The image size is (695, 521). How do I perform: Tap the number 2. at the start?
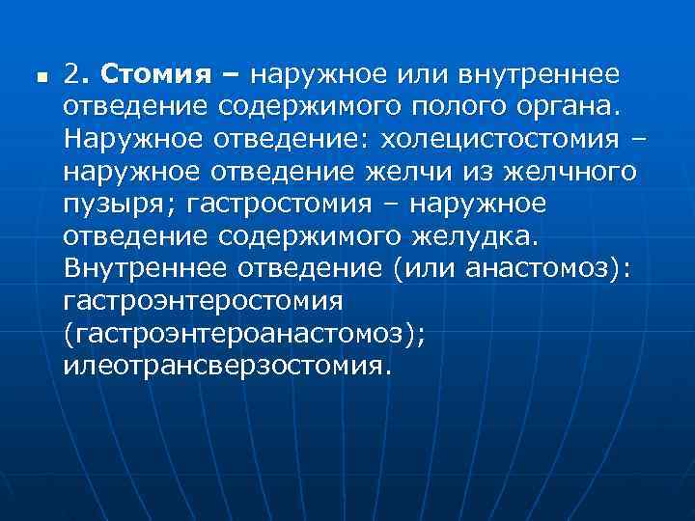tap(77, 74)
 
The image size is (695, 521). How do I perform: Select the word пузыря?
tap(109, 205)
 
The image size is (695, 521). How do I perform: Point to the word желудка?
tap(486, 237)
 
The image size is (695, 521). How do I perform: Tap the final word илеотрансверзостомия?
tap(228, 367)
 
